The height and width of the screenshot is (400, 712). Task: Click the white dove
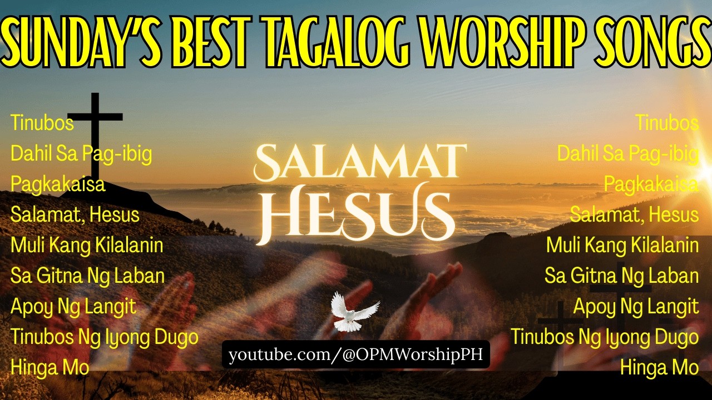point(354,312)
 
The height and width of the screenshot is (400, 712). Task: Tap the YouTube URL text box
point(356,354)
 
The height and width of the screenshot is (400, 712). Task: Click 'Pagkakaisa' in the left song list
point(58,184)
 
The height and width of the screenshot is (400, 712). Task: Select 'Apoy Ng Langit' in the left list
point(73,307)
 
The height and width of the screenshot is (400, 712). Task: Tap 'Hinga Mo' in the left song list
point(50,368)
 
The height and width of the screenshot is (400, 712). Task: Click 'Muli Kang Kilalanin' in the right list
point(622,246)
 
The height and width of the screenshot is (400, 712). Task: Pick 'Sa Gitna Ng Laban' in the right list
point(621,276)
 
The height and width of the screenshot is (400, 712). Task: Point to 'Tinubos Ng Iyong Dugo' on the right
point(605,337)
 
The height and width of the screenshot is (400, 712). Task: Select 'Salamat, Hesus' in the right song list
point(634,215)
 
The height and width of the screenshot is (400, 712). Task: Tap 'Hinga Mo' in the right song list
point(660,368)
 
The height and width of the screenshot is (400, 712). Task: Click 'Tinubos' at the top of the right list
point(667,123)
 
